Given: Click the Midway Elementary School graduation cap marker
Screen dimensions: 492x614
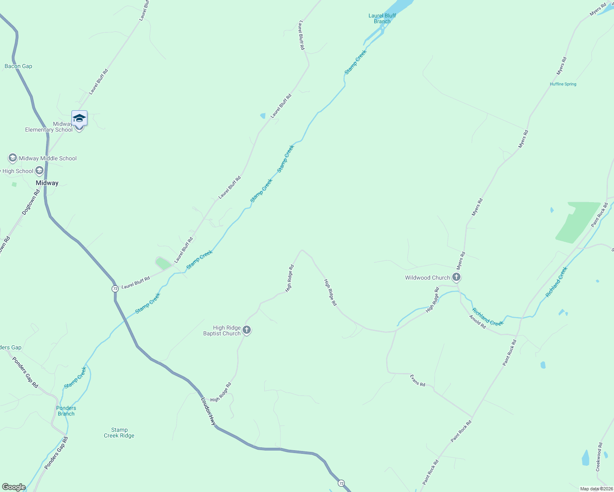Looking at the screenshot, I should pyautogui.click(x=79, y=118).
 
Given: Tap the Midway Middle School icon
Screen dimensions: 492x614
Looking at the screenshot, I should pyautogui.click(x=13, y=158).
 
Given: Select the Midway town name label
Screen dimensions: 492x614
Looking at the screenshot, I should pyautogui.click(x=47, y=183).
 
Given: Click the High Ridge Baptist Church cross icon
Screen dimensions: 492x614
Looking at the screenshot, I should pyautogui.click(x=247, y=330).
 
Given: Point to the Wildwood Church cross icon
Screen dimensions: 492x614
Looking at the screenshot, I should pyautogui.click(x=456, y=278).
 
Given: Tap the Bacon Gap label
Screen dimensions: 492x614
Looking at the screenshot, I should pyautogui.click(x=18, y=66).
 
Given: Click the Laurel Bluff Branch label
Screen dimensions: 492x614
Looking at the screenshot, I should pyautogui.click(x=382, y=18).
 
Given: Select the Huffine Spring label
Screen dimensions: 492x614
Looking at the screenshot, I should pyautogui.click(x=563, y=84).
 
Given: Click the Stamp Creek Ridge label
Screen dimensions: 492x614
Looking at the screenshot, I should pyautogui.click(x=119, y=433).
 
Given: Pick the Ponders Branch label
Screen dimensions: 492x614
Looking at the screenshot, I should pyautogui.click(x=66, y=411).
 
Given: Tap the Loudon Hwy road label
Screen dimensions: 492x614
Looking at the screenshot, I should pyautogui.click(x=208, y=411).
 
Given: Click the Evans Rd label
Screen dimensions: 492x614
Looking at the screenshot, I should pyautogui.click(x=418, y=380).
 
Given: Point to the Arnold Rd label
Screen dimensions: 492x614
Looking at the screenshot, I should pyautogui.click(x=478, y=321).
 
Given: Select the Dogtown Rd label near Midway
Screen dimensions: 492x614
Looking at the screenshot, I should pyautogui.click(x=31, y=202).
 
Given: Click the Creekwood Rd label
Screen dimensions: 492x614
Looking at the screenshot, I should pyautogui.click(x=600, y=457).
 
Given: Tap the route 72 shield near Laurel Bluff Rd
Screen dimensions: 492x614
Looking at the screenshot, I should pyautogui.click(x=115, y=289).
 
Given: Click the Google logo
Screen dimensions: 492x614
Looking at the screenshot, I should pyautogui.click(x=14, y=487).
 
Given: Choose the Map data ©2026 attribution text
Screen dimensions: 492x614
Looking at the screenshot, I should pyautogui.click(x=596, y=489).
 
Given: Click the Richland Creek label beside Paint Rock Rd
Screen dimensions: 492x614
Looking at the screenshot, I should pyautogui.click(x=557, y=282).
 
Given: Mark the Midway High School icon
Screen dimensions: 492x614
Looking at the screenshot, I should pyautogui.click(x=39, y=171).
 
